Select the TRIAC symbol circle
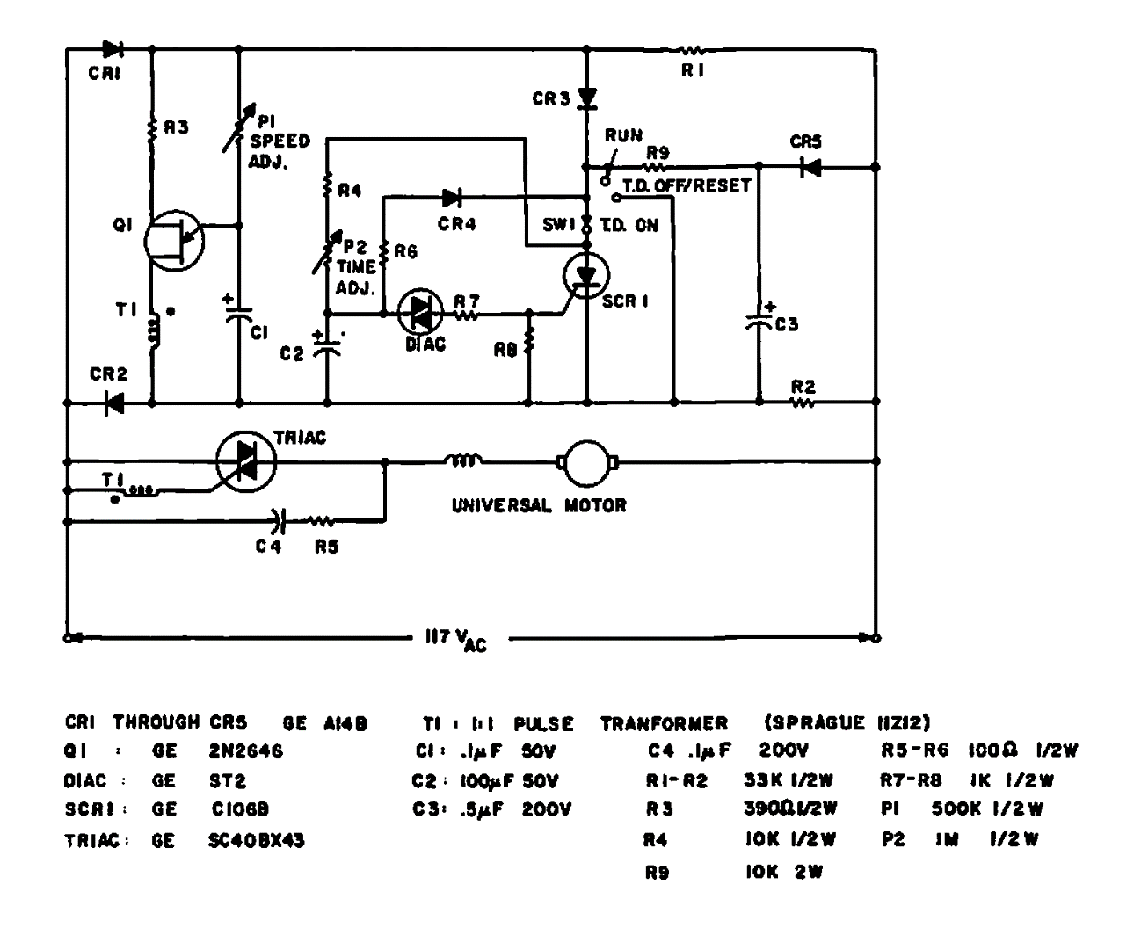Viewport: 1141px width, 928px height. tap(245, 460)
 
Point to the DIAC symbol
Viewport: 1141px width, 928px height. tap(420, 312)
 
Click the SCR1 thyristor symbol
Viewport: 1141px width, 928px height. tap(586, 275)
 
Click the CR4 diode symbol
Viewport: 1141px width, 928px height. tap(452, 199)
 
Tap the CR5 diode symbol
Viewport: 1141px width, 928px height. tap(810, 167)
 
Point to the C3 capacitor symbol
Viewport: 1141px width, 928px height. tap(759, 321)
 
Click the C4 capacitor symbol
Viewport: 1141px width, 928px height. tap(280, 521)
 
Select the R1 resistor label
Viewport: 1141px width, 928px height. tap(693, 72)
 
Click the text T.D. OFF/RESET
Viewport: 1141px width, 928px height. tap(687, 186)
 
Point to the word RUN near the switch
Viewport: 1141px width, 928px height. tap(623, 136)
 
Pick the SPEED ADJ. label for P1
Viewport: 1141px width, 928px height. tap(280, 150)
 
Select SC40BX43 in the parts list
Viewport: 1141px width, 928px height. tap(257, 841)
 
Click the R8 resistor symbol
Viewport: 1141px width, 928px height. tap(529, 343)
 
